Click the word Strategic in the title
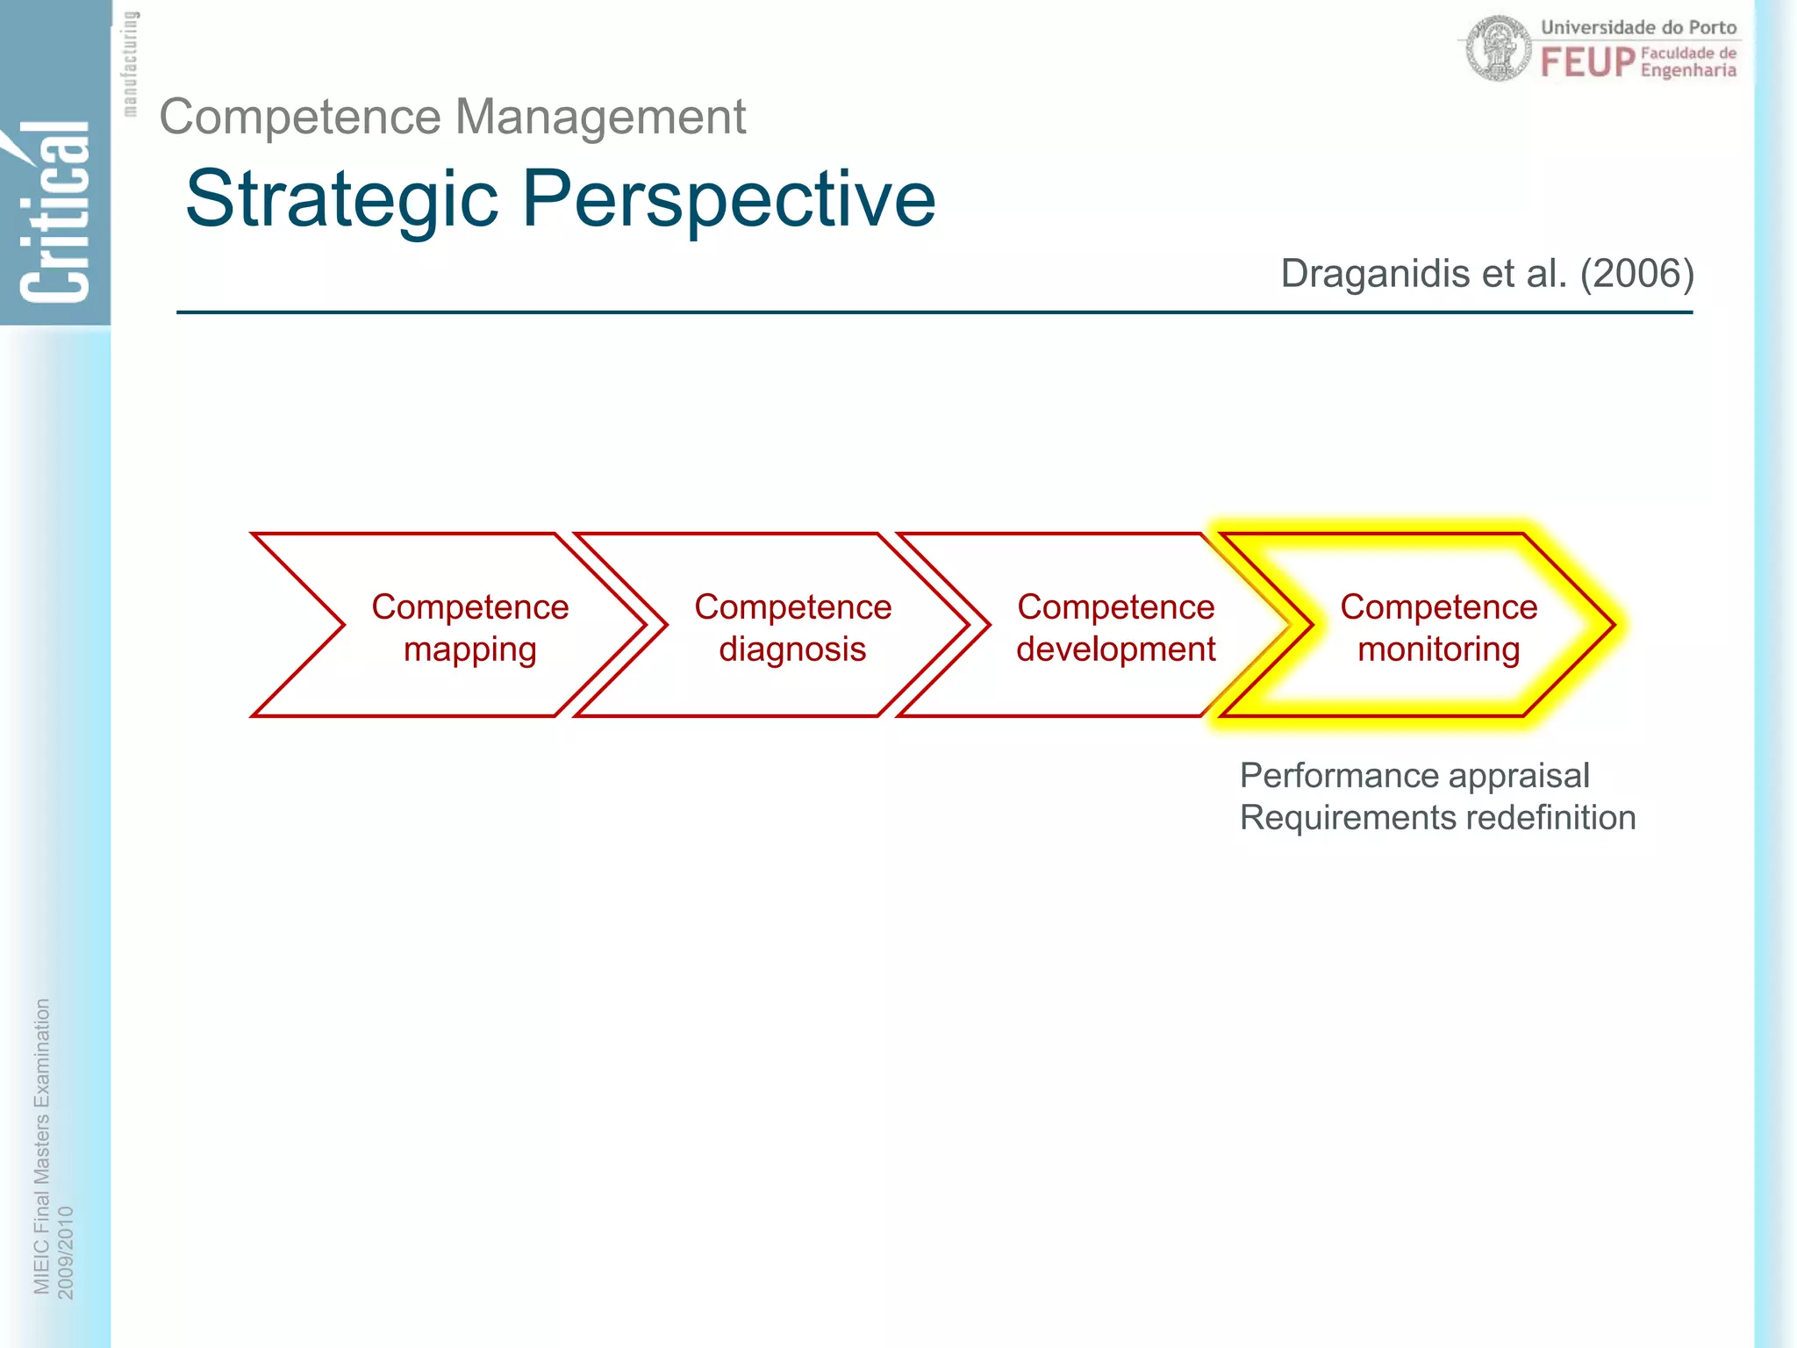pyautogui.click(x=342, y=200)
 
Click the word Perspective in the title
pyautogui.click(x=729, y=200)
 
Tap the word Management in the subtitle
pyautogui.click(x=600, y=117)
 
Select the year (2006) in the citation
pyautogui.click(x=1636, y=274)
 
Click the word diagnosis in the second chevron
pyautogui.click(x=792, y=650)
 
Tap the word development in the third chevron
pyautogui.click(x=1115, y=649)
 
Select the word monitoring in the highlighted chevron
pyautogui.click(x=1438, y=649)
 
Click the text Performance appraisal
pyautogui.click(x=1414, y=776)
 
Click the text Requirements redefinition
pyautogui.click(x=1437, y=818)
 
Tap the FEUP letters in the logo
pyautogui.click(x=1587, y=62)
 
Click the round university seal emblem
pyautogui.click(x=1498, y=49)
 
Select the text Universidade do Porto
pyautogui.click(x=1638, y=27)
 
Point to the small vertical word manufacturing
pyautogui.click(x=130, y=64)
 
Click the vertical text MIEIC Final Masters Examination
pyautogui.click(x=41, y=1145)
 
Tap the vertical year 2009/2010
pyautogui.click(x=66, y=1252)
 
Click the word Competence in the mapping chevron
pyautogui.click(x=469, y=607)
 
